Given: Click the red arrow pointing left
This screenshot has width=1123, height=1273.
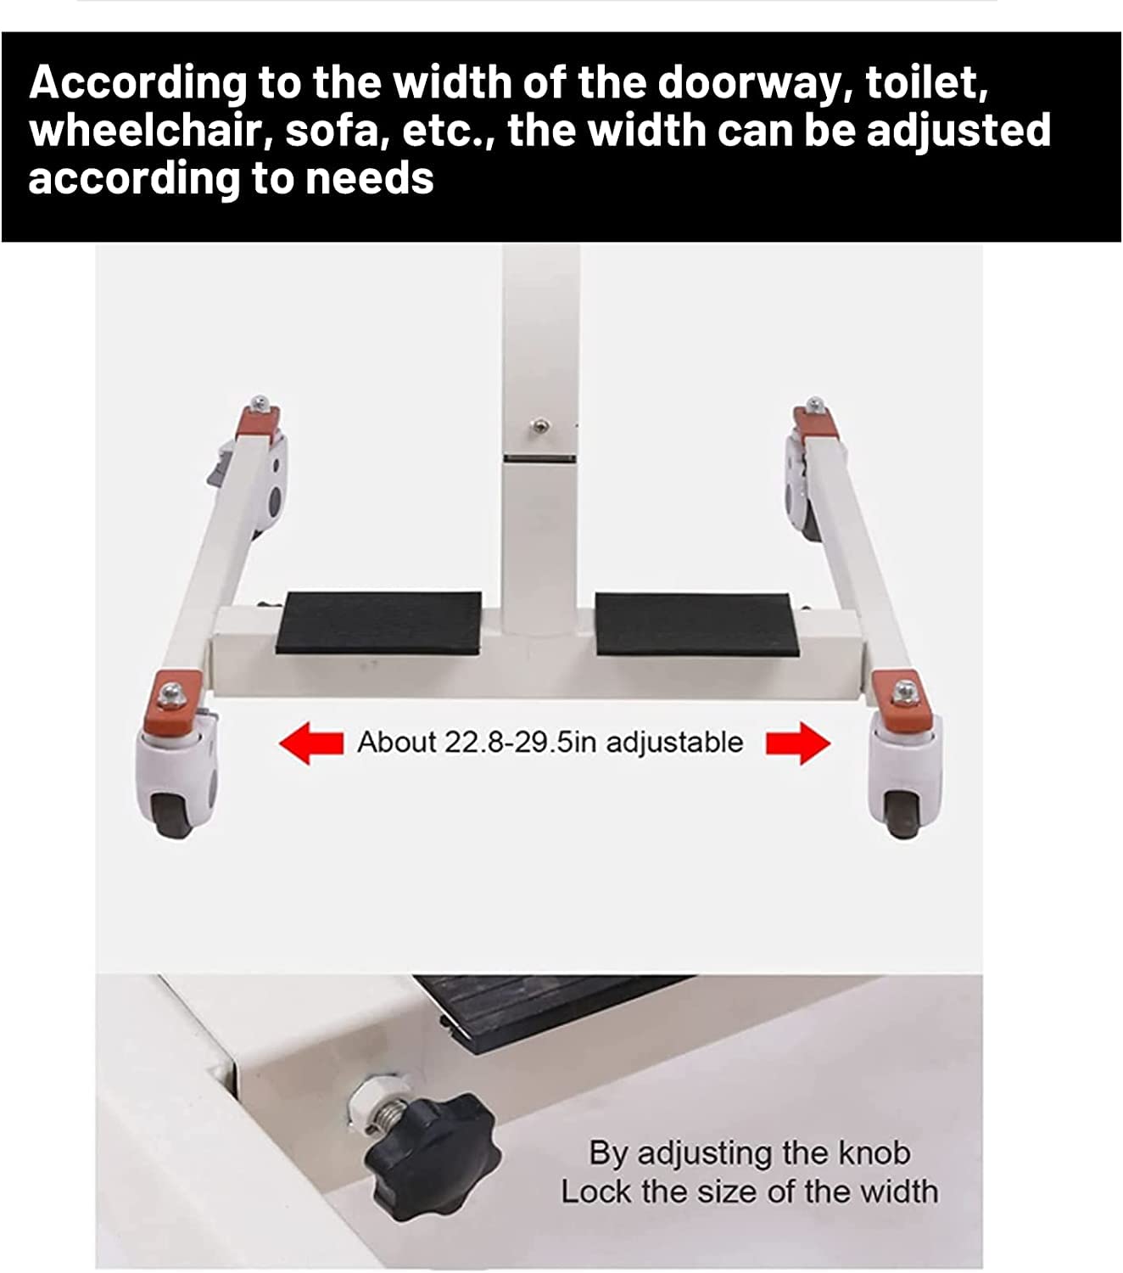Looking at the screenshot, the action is [x=311, y=743].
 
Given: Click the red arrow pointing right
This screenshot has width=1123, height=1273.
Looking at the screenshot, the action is [x=798, y=743].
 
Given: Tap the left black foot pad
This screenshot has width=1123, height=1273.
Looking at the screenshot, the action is [x=379, y=623].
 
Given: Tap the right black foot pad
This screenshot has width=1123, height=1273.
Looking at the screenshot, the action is [x=696, y=624].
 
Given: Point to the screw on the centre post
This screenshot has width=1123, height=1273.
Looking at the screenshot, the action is [x=539, y=426].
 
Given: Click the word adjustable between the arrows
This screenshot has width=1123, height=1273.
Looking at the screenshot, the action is [x=674, y=743].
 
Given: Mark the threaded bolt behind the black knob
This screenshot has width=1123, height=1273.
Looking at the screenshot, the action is [x=388, y=1115].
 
